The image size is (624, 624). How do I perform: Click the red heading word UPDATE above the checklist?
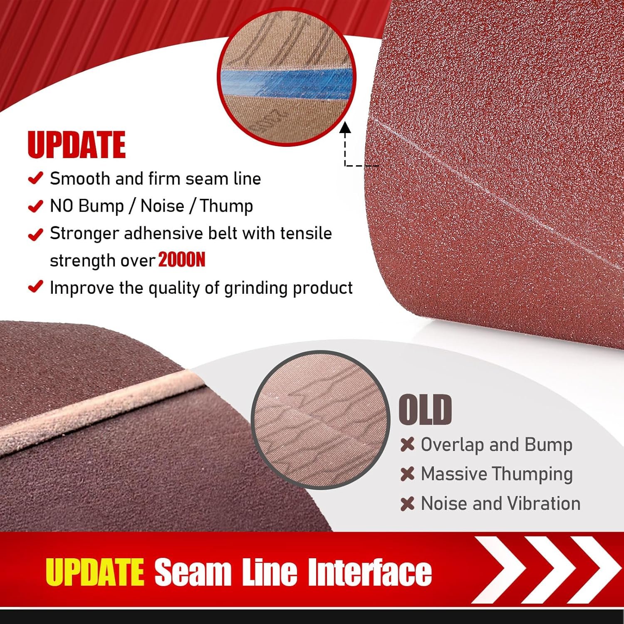(77, 145)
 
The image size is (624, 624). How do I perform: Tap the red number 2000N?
(182, 260)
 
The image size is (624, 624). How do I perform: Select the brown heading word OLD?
(425, 410)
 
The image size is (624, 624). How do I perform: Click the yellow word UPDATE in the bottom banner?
(95, 572)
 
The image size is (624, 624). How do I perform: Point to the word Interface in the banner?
(370, 572)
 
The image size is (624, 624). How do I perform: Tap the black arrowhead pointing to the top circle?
(345, 127)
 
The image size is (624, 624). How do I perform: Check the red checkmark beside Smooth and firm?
(35, 178)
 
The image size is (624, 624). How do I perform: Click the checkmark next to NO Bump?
(35, 206)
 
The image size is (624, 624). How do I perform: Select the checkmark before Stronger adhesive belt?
(35, 234)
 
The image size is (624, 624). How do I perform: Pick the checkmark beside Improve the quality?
(35, 287)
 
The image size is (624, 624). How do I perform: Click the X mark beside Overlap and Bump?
(407, 445)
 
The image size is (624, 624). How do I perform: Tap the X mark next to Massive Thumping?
(407, 474)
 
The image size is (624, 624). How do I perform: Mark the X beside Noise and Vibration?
(407, 504)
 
